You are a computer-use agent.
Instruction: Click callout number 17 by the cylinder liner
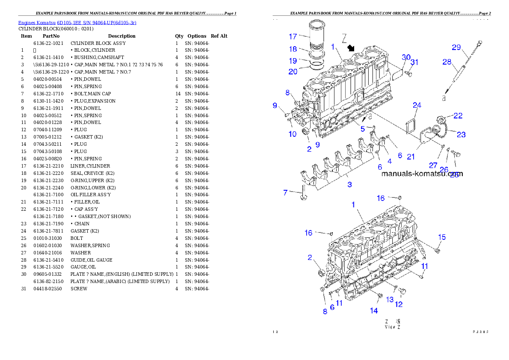pyautogui.click(x=293, y=36)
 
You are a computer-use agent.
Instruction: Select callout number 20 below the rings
pyautogui.click(x=293, y=72)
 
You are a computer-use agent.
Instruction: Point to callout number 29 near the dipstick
pyautogui.click(x=456, y=47)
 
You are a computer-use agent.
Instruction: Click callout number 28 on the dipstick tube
pyautogui.click(x=447, y=62)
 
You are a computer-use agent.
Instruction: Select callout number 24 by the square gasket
pyautogui.click(x=417, y=105)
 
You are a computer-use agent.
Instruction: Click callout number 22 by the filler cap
pyautogui.click(x=458, y=115)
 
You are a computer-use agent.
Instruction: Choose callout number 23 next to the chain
pyautogui.click(x=461, y=135)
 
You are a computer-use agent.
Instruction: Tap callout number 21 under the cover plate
pyautogui.click(x=411, y=157)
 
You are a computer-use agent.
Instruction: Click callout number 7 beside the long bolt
pyautogui.click(x=285, y=193)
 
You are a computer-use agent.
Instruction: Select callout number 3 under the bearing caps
pyautogui.click(x=350, y=185)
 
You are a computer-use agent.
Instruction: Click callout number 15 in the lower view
pyautogui.click(x=442, y=237)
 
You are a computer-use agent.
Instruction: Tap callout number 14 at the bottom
pyautogui.click(x=374, y=311)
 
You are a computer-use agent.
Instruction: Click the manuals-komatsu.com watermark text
pyautogui.click(x=422, y=174)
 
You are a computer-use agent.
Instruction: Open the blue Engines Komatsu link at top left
pyautogui.click(x=77, y=23)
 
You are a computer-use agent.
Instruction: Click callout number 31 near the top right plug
pyautogui.click(x=414, y=62)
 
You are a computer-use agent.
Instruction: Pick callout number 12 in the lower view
pyautogui.click(x=399, y=304)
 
